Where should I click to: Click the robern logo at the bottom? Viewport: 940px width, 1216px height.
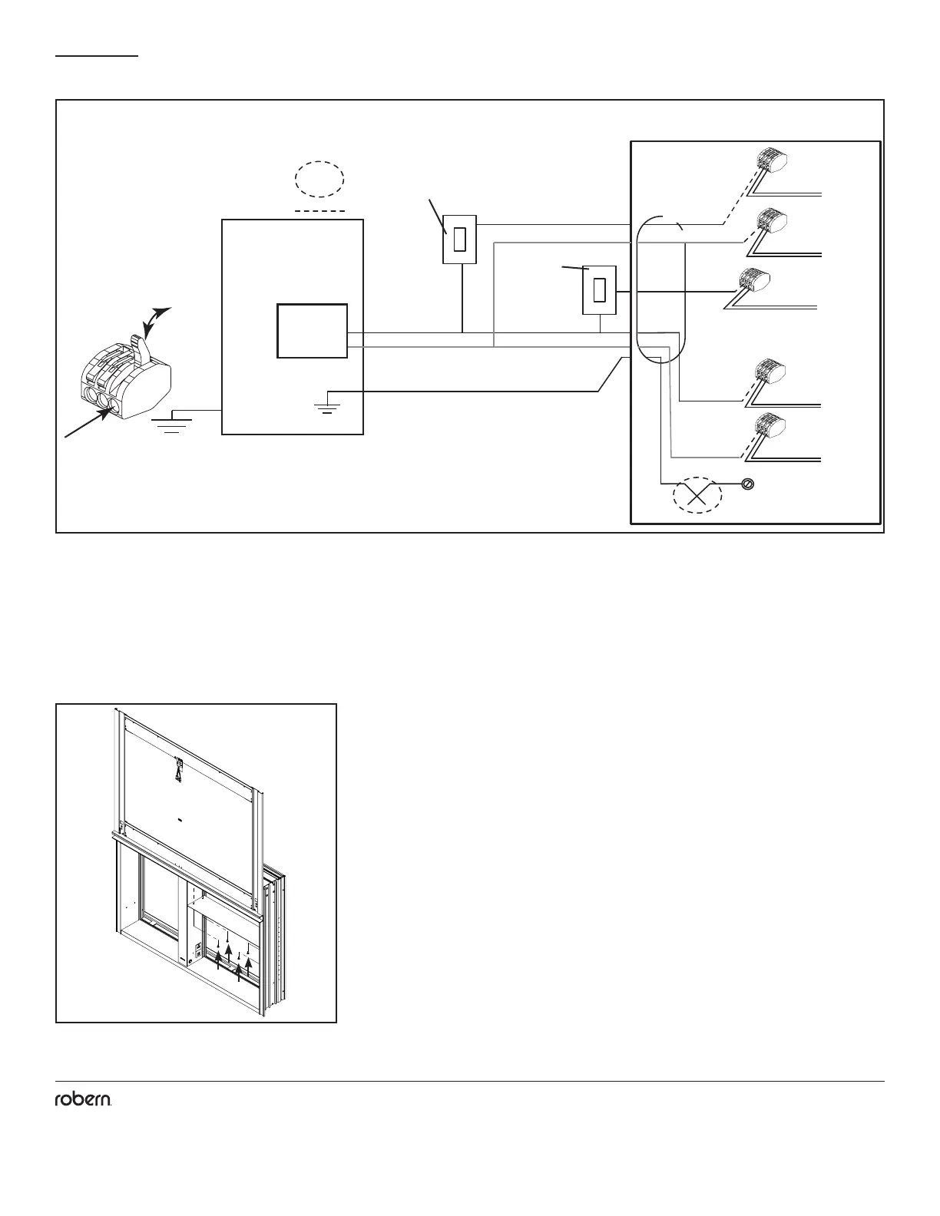tap(84, 1100)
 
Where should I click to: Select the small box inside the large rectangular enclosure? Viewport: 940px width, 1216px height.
tap(312, 331)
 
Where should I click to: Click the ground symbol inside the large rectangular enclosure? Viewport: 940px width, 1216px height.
tap(329, 404)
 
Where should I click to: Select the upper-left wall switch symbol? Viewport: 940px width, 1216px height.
tap(460, 240)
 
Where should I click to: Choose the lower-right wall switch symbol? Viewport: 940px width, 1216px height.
tap(599, 290)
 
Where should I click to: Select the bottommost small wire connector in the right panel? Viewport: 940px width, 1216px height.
tap(770, 427)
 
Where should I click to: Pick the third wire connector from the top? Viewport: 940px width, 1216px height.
tap(756, 281)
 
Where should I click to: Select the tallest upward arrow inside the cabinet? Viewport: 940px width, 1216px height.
tap(230, 959)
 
